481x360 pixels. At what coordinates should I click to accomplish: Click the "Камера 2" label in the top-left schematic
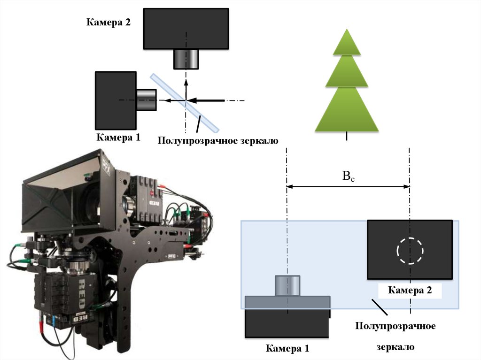[x=109, y=22]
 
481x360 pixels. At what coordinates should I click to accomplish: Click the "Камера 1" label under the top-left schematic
[x=118, y=137]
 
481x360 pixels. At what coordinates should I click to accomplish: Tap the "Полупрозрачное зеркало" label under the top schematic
[x=218, y=141]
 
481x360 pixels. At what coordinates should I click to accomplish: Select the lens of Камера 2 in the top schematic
[x=186, y=59]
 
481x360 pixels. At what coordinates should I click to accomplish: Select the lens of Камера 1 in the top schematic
[x=147, y=100]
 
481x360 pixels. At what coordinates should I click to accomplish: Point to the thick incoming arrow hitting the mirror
[x=206, y=100]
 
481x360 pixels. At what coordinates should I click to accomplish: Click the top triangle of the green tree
[x=347, y=43]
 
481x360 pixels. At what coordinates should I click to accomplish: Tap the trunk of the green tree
[x=347, y=136]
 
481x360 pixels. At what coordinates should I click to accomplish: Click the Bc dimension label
[x=348, y=176]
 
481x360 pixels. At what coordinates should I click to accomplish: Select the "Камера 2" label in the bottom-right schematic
[x=410, y=290]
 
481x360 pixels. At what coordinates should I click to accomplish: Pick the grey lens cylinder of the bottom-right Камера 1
[x=287, y=286]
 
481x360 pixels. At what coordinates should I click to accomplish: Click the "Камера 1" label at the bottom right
[x=287, y=348]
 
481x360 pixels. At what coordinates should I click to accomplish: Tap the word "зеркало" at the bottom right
[x=396, y=347]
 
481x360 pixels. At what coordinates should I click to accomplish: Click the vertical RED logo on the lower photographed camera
[x=82, y=294]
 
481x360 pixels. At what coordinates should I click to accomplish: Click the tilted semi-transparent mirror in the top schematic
[x=184, y=103]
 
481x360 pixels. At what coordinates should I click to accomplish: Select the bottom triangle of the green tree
[x=347, y=110]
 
